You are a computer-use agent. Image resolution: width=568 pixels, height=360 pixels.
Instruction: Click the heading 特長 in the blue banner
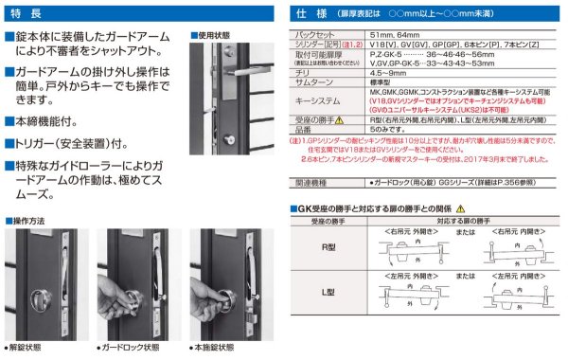tap(29, 15)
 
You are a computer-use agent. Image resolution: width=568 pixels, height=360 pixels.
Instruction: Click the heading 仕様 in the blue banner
tap(312, 15)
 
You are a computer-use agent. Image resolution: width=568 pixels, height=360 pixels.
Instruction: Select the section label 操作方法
tap(28, 219)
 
